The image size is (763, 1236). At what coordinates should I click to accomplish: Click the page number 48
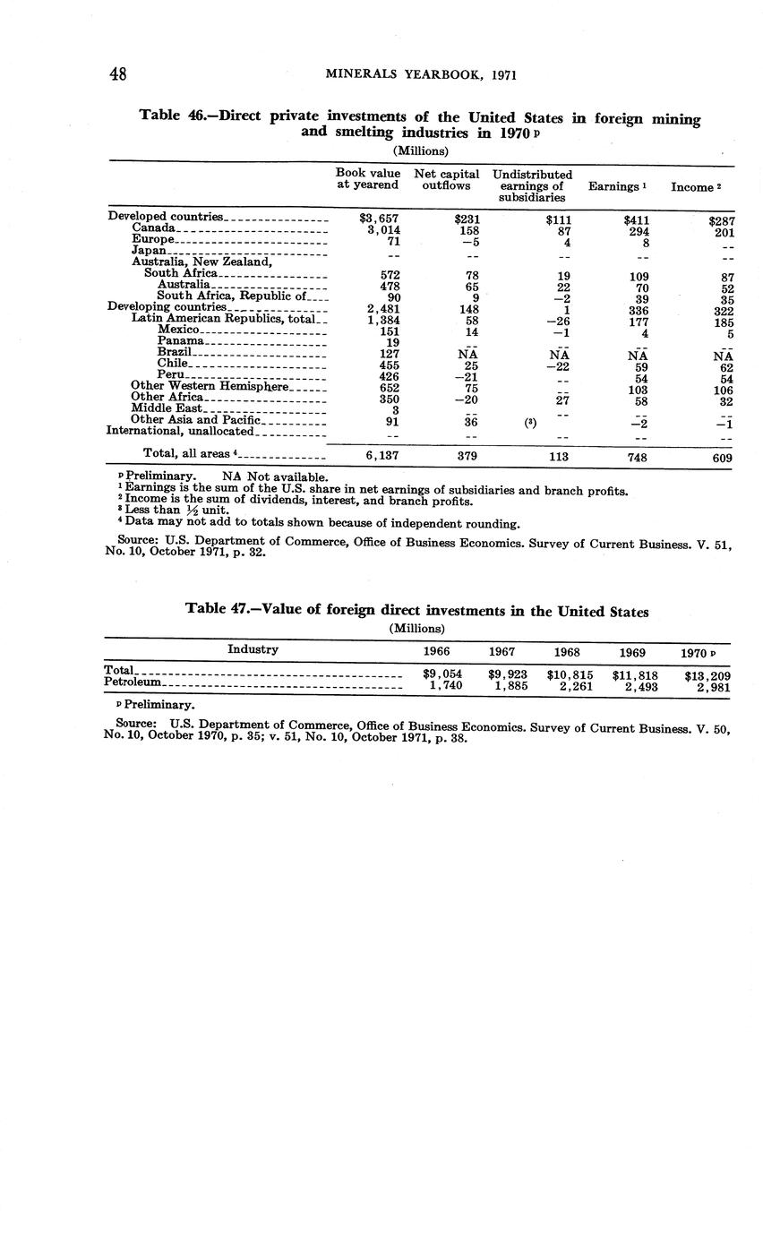click(118, 75)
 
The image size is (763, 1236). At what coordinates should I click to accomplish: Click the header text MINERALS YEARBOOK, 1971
click(421, 75)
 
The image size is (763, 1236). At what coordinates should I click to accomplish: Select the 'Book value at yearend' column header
click(367, 178)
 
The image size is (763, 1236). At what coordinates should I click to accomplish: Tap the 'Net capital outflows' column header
click(446, 179)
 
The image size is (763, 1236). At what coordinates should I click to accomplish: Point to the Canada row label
click(153, 229)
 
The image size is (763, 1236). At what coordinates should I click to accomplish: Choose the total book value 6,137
click(379, 456)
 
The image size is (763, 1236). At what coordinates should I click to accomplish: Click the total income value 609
click(719, 457)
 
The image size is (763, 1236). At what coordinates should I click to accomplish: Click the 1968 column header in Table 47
click(567, 651)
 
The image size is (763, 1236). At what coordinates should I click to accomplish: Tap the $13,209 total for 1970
click(707, 675)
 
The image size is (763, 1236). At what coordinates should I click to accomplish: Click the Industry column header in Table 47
click(253, 649)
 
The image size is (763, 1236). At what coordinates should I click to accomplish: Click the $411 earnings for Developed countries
click(636, 219)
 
